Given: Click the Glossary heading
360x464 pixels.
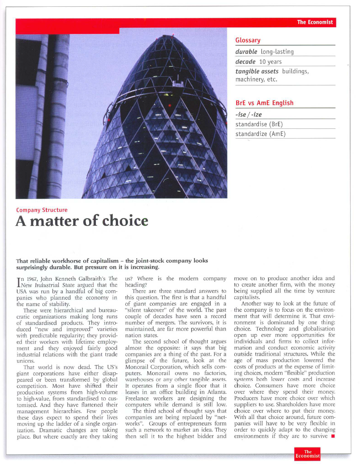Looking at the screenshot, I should (248, 40).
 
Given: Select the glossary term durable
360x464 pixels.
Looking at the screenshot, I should (246, 52).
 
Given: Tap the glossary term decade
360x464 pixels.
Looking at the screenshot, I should (245, 62).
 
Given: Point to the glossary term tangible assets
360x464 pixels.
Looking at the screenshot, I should (257, 71).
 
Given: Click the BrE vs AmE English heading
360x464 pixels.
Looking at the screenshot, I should (264, 103).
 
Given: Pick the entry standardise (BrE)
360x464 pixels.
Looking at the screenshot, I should (259, 124).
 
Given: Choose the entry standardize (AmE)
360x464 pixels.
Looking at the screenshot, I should (260, 134).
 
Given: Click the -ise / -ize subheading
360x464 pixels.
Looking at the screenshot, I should (248, 115).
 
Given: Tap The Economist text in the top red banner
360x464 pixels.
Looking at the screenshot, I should (315, 22).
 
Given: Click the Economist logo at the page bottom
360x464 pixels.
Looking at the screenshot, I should (307, 454).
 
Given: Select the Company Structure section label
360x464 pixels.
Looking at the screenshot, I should (42, 210).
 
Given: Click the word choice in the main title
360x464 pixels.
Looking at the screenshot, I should (125, 221).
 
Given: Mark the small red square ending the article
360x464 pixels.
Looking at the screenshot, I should (333, 436).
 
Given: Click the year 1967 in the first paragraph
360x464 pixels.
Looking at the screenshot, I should (32, 279).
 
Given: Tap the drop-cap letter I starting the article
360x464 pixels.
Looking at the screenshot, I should (19, 282).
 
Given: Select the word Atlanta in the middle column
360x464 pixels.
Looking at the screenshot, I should (217, 392).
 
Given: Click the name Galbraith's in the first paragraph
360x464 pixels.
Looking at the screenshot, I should (92, 279).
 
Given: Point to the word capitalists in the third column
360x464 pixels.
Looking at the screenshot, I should (247, 297).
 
